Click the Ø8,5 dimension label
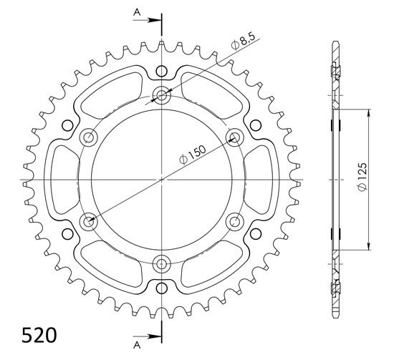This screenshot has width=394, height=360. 243,42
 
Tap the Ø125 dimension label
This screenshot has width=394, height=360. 362,176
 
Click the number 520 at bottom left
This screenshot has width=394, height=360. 39,335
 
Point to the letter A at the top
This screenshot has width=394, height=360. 137,11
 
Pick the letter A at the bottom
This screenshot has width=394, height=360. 137,346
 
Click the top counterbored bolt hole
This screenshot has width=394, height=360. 162,95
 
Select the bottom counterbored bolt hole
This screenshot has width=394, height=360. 162,264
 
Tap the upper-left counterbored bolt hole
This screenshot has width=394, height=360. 88,137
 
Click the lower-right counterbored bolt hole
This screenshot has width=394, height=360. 235,222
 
